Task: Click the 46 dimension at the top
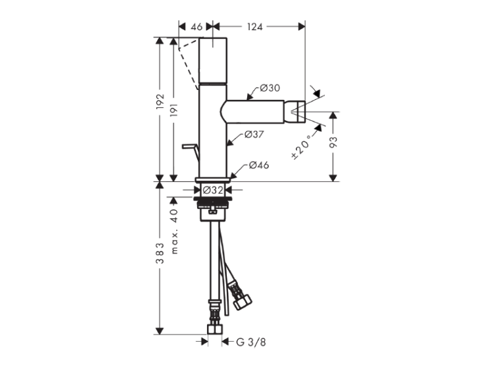click(x=197, y=27)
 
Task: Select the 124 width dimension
click(x=254, y=27)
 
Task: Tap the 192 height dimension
click(x=160, y=102)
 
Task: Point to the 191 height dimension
click(x=174, y=110)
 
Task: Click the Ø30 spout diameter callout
click(x=270, y=88)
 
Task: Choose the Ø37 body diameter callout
click(x=254, y=135)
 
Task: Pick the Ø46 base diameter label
click(x=259, y=165)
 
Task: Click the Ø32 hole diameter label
click(x=213, y=190)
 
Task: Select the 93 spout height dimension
click(x=333, y=143)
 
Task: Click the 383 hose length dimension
click(x=160, y=253)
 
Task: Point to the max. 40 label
click(x=174, y=231)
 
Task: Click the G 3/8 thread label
click(x=251, y=342)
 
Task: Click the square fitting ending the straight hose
click(x=215, y=329)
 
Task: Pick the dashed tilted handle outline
click(x=188, y=63)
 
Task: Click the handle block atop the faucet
click(x=213, y=60)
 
